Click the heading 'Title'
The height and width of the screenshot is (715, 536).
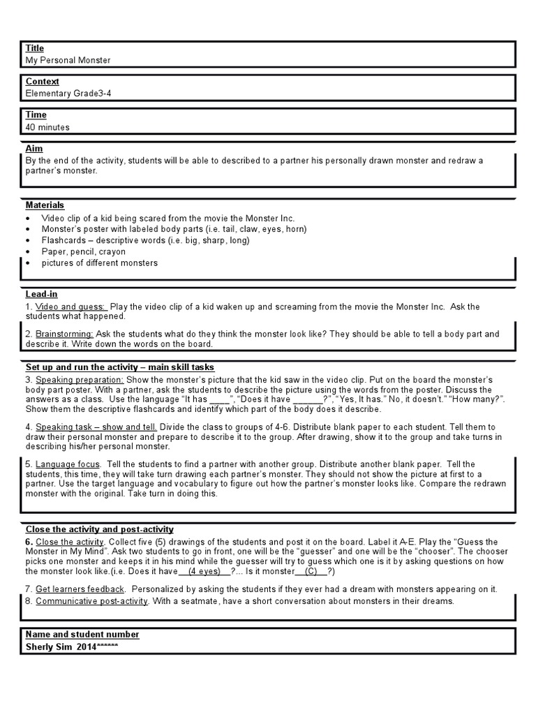pyautogui.click(x=35, y=48)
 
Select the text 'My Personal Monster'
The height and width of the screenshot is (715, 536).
pyautogui.click(x=68, y=60)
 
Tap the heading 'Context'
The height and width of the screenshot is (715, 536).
pyautogui.click(x=43, y=82)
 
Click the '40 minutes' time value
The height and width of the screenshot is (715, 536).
pyautogui.click(x=47, y=127)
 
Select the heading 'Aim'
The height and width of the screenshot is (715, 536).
pyautogui.click(x=34, y=149)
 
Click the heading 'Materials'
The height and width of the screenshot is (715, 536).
pyautogui.click(x=45, y=205)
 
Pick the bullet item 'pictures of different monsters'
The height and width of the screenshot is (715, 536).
pyautogui.click(x=99, y=263)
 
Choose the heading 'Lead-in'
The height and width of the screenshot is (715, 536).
pyautogui.click(x=42, y=295)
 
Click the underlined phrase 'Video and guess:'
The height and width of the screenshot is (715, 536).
pyautogui.click(x=71, y=307)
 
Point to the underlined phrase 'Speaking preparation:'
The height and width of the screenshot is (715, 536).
pyautogui.click(x=80, y=379)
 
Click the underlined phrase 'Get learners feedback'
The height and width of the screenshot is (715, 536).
pyautogui.click(x=80, y=589)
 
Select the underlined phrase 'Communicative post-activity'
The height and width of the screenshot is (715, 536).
pyautogui.click(x=91, y=601)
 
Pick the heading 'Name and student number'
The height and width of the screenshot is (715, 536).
pyautogui.click(x=82, y=635)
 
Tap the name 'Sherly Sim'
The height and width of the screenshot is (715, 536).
pyautogui.click(x=50, y=647)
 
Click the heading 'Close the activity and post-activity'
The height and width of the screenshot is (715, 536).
pyautogui.click(x=100, y=529)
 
